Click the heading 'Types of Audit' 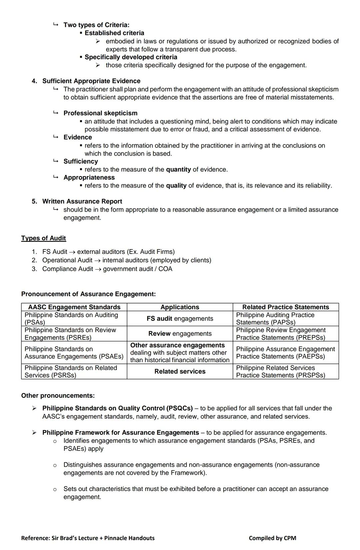point(43,238)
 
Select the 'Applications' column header point(180,307)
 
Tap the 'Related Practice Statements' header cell point(285,307)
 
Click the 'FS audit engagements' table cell point(180,319)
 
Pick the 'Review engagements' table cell point(180,334)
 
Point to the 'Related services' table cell point(180,371)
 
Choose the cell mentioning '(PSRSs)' point(74,371)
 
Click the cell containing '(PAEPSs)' point(285,353)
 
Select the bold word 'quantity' point(178,170)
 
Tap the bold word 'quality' point(176,186)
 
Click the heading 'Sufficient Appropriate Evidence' point(91,81)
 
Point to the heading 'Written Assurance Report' point(82,202)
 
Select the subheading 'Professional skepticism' point(100,113)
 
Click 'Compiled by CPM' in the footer point(272,538)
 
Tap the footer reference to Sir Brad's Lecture point(88,538)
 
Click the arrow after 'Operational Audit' point(97,261)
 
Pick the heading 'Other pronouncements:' point(58,396)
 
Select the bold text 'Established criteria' point(114,33)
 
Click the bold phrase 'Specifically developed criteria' point(131,57)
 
